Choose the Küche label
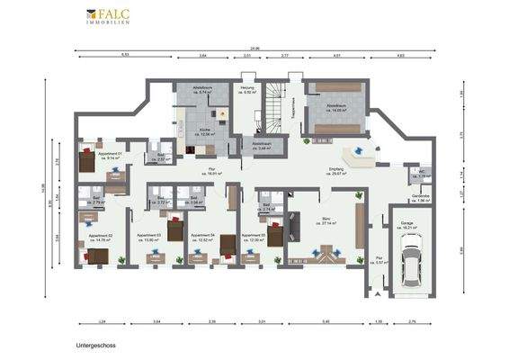[207, 131]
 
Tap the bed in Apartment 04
[227, 244]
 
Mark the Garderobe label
[420, 198]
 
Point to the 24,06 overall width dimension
[254, 49]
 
